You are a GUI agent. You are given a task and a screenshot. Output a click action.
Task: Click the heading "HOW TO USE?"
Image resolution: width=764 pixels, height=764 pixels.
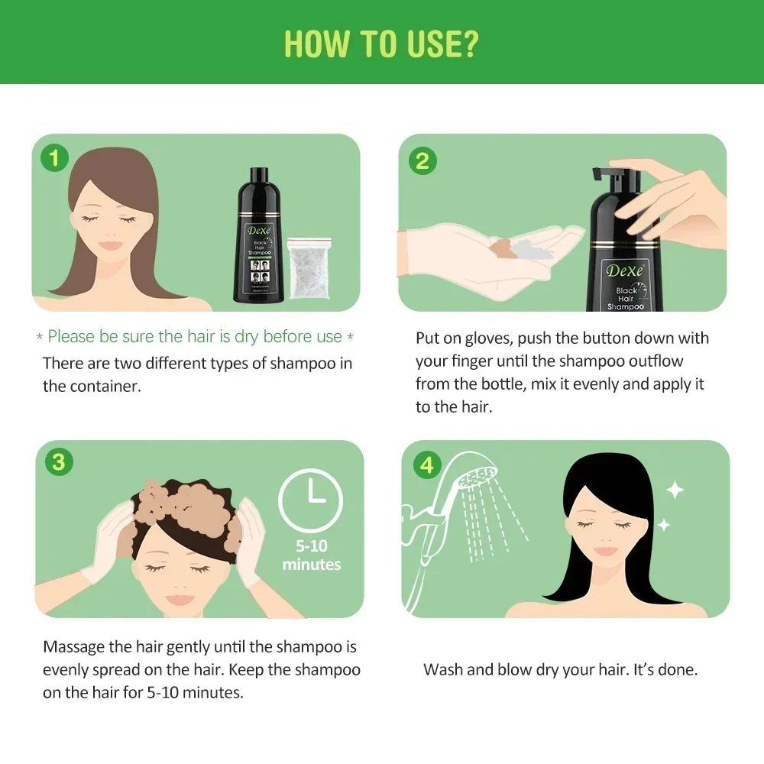tap(381, 44)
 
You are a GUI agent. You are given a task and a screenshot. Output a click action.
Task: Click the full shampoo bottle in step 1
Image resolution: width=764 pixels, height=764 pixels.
tap(256, 235)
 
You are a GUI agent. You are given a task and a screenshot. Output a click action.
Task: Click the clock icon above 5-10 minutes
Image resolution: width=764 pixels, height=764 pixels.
tap(312, 501)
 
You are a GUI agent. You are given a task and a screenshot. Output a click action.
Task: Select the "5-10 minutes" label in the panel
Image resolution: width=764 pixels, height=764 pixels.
tap(312, 555)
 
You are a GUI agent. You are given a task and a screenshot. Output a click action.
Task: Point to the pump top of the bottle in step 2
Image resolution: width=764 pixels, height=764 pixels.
tap(615, 182)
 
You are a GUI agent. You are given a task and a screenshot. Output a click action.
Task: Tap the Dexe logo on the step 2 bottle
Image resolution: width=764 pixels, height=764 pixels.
tap(625, 270)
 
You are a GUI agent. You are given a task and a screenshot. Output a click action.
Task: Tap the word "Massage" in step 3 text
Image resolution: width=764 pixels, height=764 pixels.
tap(74, 647)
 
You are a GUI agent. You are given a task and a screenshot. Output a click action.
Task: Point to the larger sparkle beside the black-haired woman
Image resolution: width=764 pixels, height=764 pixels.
tap(675, 489)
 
